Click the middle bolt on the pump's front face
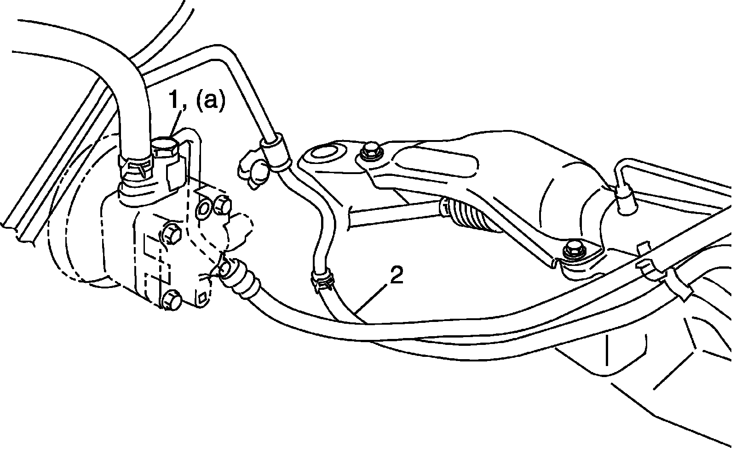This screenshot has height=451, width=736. click(x=171, y=234)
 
